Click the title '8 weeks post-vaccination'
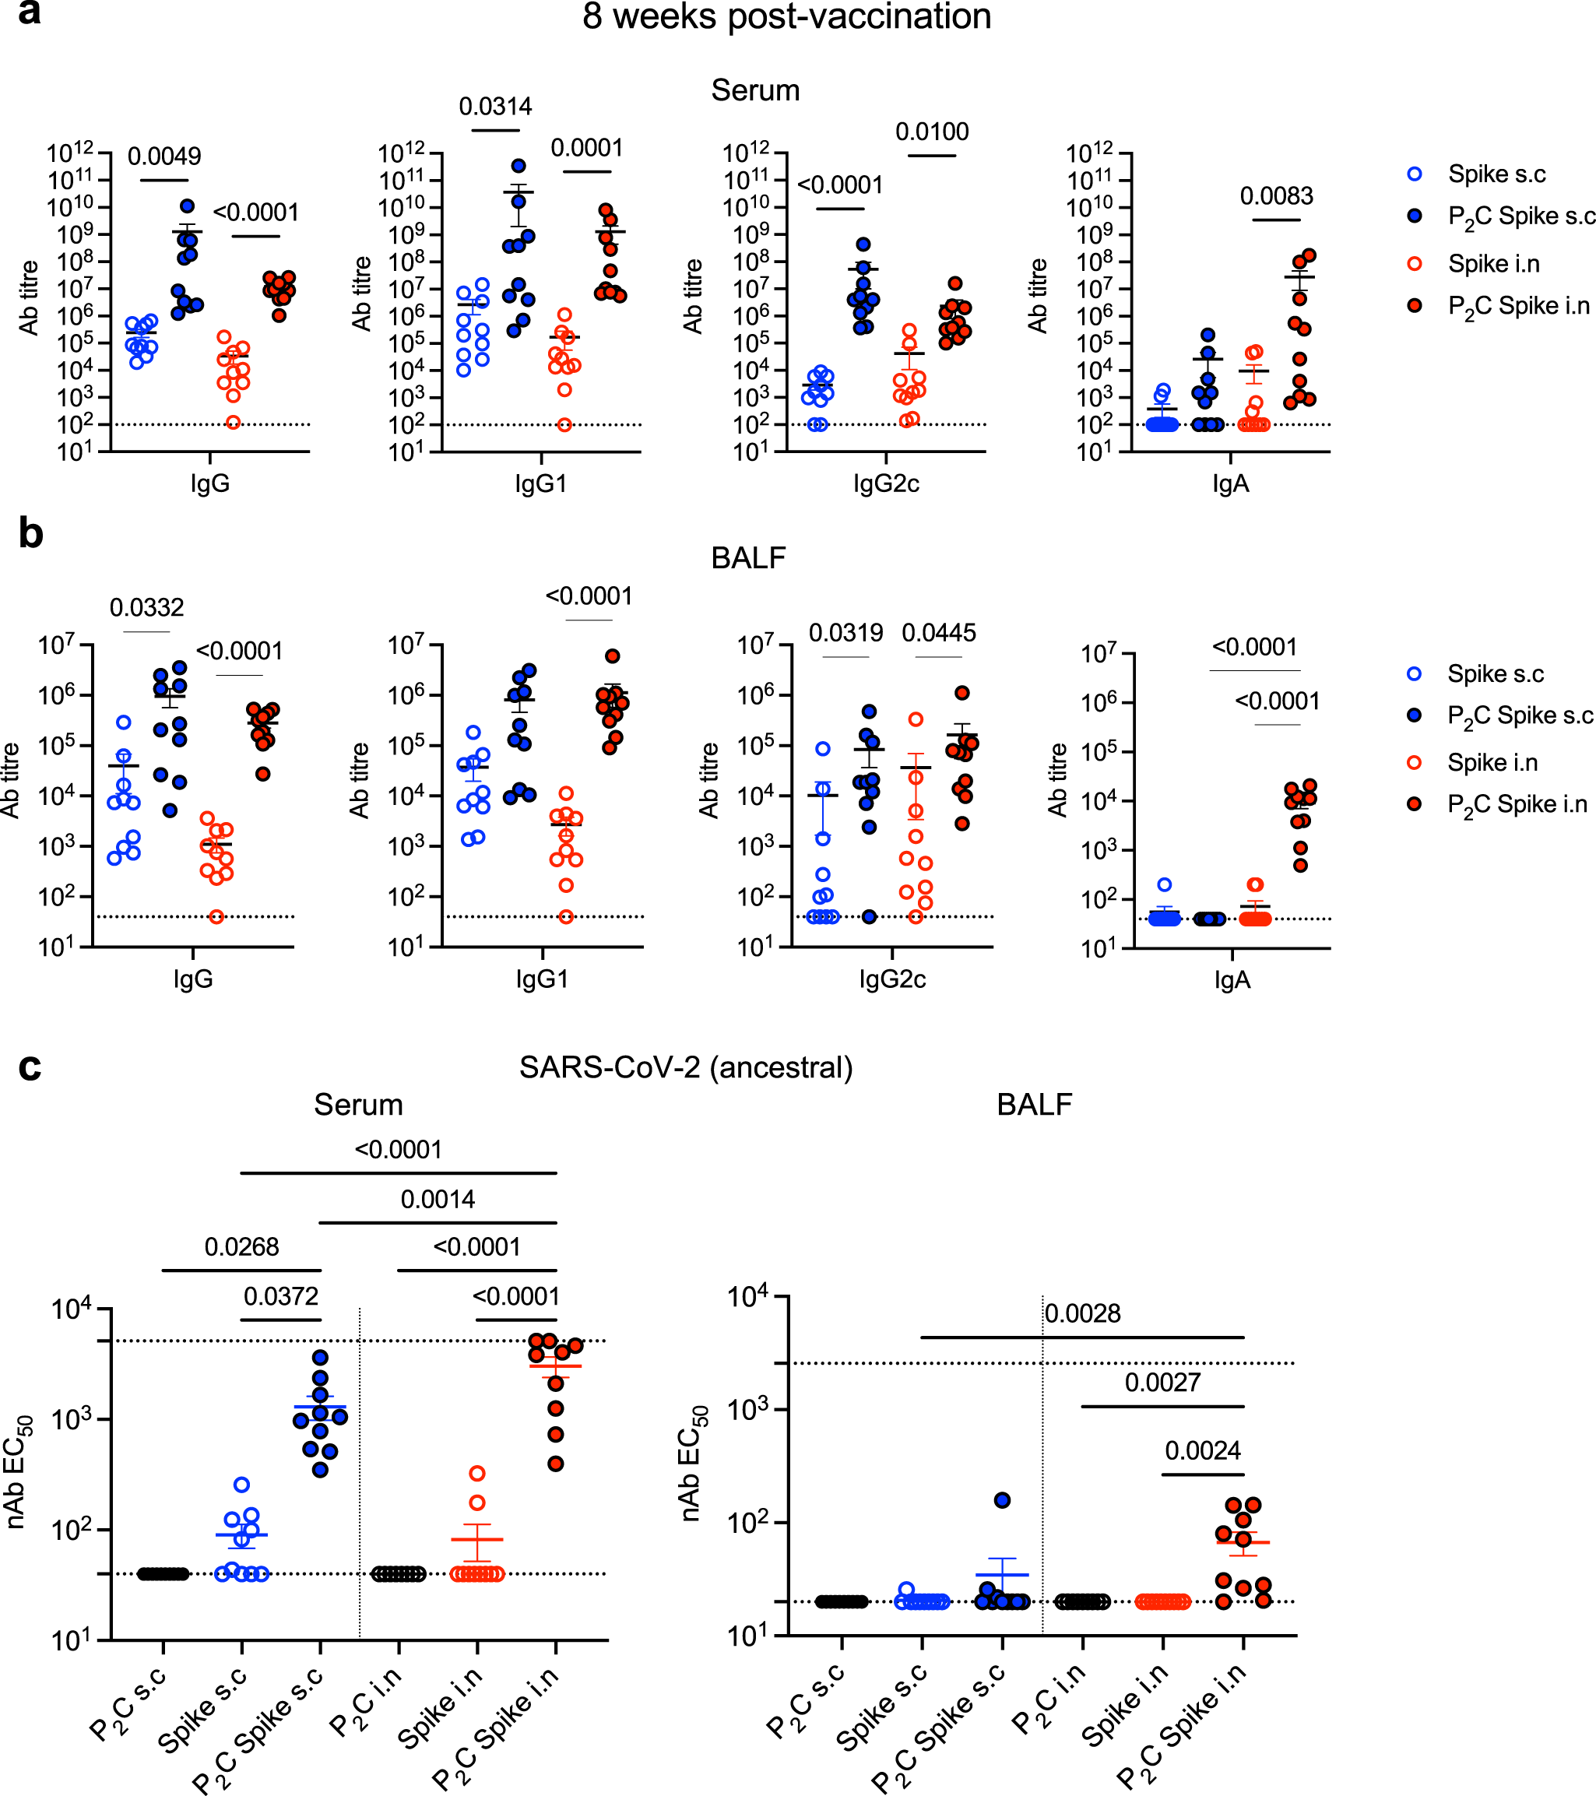click(x=786, y=16)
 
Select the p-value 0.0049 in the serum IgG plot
click(x=164, y=156)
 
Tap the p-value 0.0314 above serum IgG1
click(x=496, y=107)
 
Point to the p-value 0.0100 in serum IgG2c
click(x=932, y=132)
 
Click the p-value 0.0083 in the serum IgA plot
click(x=1276, y=196)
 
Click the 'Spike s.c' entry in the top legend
click(x=1496, y=174)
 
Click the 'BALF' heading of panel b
click(x=748, y=558)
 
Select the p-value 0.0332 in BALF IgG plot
click(x=147, y=608)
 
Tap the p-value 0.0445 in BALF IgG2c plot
click(x=939, y=633)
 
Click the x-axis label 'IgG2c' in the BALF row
click(x=892, y=979)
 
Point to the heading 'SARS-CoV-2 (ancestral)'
click(x=686, y=1067)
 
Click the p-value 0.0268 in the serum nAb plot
click(x=241, y=1247)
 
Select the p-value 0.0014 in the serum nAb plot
click(x=438, y=1200)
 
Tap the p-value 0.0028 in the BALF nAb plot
click(x=1083, y=1313)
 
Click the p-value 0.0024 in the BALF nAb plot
click(x=1202, y=1450)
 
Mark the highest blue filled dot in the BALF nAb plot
click(x=1003, y=1500)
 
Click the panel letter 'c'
click(x=30, y=1067)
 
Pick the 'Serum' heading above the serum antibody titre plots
click(x=755, y=90)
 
